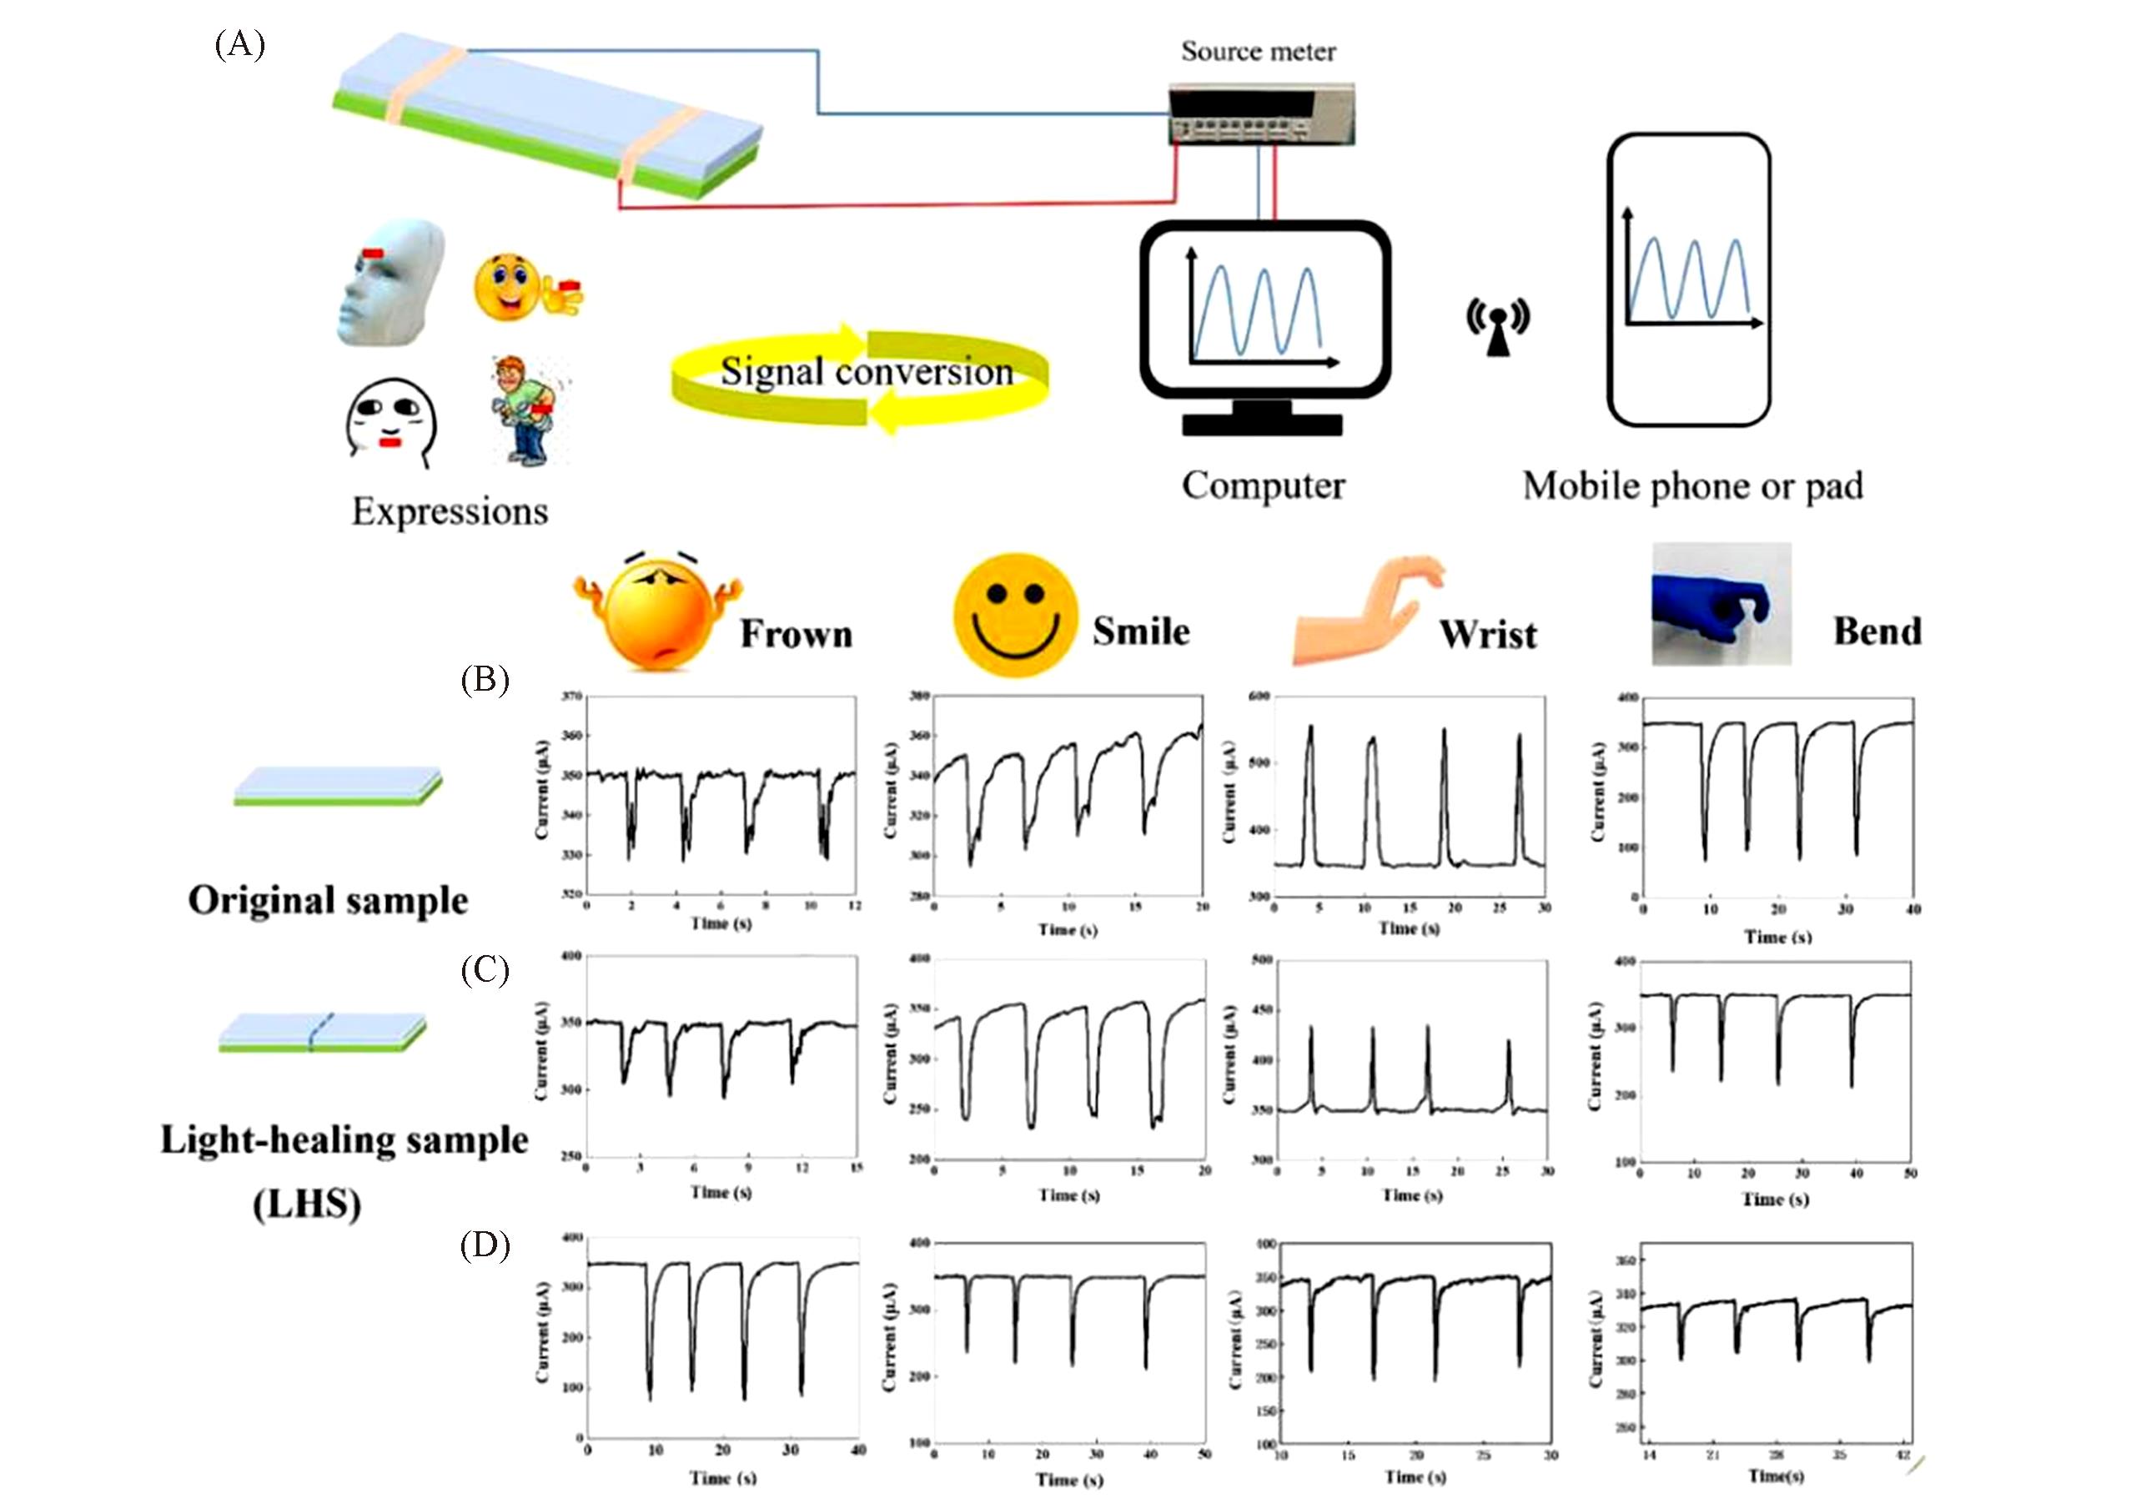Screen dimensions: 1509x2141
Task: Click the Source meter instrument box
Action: tap(1261, 113)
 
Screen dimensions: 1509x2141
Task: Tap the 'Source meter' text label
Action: tap(1258, 51)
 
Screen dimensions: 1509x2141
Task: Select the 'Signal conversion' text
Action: tap(867, 372)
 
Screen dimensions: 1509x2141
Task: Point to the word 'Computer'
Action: tap(1263, 486)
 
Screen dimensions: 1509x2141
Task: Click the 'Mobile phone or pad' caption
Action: tap(1692, 486)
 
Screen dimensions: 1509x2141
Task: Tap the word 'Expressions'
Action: tap(450, 511)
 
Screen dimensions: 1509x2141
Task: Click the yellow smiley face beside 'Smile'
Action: tap(1016, 616)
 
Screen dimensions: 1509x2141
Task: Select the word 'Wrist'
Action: tap(1487, 634)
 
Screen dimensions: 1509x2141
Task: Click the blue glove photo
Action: tap(1721, 604)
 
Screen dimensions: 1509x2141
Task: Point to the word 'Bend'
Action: tap(1877, 631)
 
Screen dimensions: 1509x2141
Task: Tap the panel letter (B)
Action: tap(485, 680)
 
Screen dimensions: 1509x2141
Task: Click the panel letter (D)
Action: tap(485, 1245)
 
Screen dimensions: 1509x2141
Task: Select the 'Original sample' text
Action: tap(329, 901)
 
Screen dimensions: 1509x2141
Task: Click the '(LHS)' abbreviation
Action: tap(307, 1204)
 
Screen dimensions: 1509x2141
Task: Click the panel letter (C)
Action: tap(485, 971)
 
